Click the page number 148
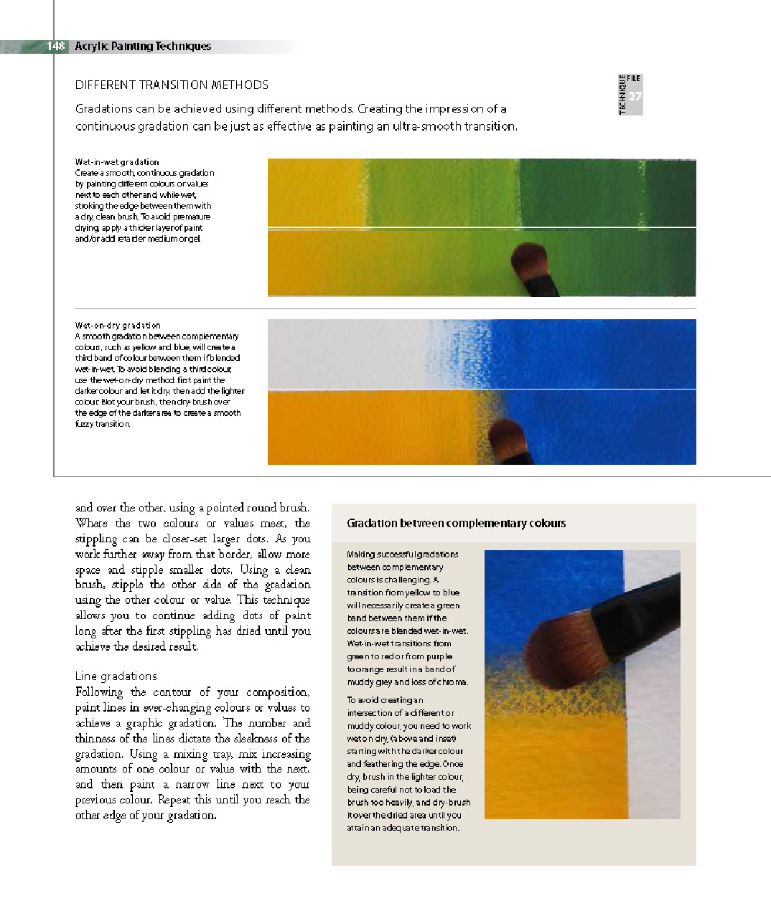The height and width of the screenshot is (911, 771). click(55, 46)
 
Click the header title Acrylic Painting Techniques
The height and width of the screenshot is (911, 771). click(143, 46)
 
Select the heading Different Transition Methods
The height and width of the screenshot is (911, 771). click(172, 85)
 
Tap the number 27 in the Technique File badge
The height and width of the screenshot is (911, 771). click(635, 96)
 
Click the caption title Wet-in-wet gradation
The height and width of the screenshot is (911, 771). click(117, 162)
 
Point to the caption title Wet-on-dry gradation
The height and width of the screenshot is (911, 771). click(118, 325)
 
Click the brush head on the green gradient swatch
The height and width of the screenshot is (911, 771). click(529, 261)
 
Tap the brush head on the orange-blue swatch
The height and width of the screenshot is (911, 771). click(505, 437)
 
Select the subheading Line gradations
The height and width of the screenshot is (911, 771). click(116, 676)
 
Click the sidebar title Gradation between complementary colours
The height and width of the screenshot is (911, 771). click(456, 523)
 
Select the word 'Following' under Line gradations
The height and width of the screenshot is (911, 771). click(99, 691)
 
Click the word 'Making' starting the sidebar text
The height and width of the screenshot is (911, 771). click(361, 554)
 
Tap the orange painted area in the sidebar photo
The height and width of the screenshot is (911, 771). click(553, 775)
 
